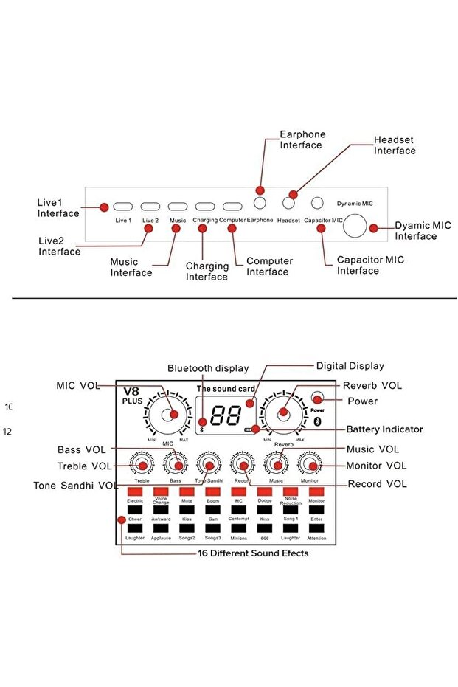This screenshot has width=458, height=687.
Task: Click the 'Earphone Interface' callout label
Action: pyautogui.click(x=302, y=139)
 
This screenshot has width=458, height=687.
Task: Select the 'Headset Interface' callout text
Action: pyautogui.click(x=395, y=145)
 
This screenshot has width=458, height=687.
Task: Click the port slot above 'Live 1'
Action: pyautogui.click(x=123, y=207)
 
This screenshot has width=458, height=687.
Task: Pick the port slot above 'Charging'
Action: pyautogui.click(x=205, y=207)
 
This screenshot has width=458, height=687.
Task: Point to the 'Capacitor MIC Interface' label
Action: pyautogui.click(x=370, y=265)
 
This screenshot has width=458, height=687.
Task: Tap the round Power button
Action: pyautogui.click(x=317, y=398)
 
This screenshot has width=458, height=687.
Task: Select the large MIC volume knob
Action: pyautogui.click(x=167, y=415)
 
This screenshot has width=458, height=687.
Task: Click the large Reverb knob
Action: pyautogui.click(x=284, y=415)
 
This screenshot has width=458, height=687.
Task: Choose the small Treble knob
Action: pyautogui.click(x=142, y=464)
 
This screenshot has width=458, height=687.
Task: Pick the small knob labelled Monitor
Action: pyautogui.click(x=310, y=464)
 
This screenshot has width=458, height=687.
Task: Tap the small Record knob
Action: pyautogui.click(x=242, y=464)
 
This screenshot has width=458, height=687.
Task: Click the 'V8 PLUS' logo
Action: pyautogui.click(x=133, y=395)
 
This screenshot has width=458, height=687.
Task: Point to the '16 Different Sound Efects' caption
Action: pyautogui.click(x=253, y=553)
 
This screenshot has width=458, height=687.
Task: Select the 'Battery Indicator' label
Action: pyautogui.click(x=384, y=429)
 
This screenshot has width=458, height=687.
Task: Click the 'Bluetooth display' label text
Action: pyautogui.click(x=208, y=368)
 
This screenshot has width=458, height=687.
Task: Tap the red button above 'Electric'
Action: pyautogui.click(x=134, y=491)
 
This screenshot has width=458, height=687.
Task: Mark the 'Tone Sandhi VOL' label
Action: pyautogui.click(x=76, y=485)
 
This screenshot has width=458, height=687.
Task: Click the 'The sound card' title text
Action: pyautogui.click(x=225, y=388)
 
